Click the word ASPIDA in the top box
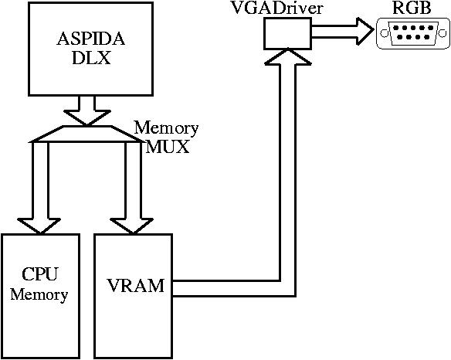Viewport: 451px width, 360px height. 91,39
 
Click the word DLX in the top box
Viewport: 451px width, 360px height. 91,58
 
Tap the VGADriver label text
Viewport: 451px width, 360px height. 276,8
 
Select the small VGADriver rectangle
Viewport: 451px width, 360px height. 287,33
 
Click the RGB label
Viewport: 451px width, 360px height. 412,8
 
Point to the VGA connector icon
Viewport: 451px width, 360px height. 413,32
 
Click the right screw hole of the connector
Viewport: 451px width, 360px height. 443,33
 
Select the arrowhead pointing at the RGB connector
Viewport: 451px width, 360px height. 365,31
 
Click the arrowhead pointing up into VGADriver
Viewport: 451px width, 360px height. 287,56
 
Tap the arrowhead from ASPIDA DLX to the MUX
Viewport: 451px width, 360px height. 86,117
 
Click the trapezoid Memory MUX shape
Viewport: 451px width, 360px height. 87,134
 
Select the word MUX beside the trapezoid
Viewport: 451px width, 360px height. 168,147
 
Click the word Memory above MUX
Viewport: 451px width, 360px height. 166,128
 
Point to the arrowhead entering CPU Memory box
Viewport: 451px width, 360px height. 39,226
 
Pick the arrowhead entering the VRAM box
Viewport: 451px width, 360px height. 132,226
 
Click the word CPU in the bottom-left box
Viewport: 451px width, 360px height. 39,274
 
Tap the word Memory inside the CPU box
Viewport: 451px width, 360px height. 39,294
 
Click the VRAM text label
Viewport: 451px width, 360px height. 135,286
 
